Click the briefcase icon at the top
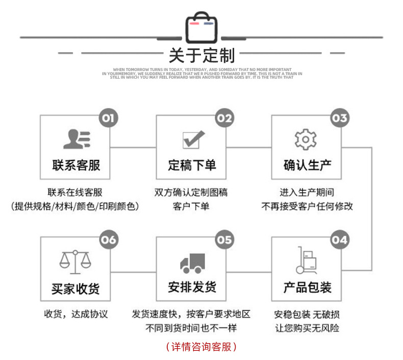pyautogui.click(x=202, y=27)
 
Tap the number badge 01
pyautogui.click(x=108, y=118)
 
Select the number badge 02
pyautogui.click(x=224, y=118)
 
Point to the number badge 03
pyautogui.click(x=339, y=118)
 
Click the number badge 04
pyautogui.click(x=339, y=240)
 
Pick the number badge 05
pyautogui.click(x=224, y=240)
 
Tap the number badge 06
pyautogui.click(x=108, y=240)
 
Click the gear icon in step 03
pyautogui.click(x=306, y=139)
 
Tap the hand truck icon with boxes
pyautogui.click(x=307, y=260)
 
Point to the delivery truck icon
pyautogui.click(x=192, y=262)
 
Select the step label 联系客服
pyautogui.click(x=77, y=165)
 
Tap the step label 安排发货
pyautogui.click(x=192, y=287)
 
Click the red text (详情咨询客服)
pyautogui.click(x=202, y=347)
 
